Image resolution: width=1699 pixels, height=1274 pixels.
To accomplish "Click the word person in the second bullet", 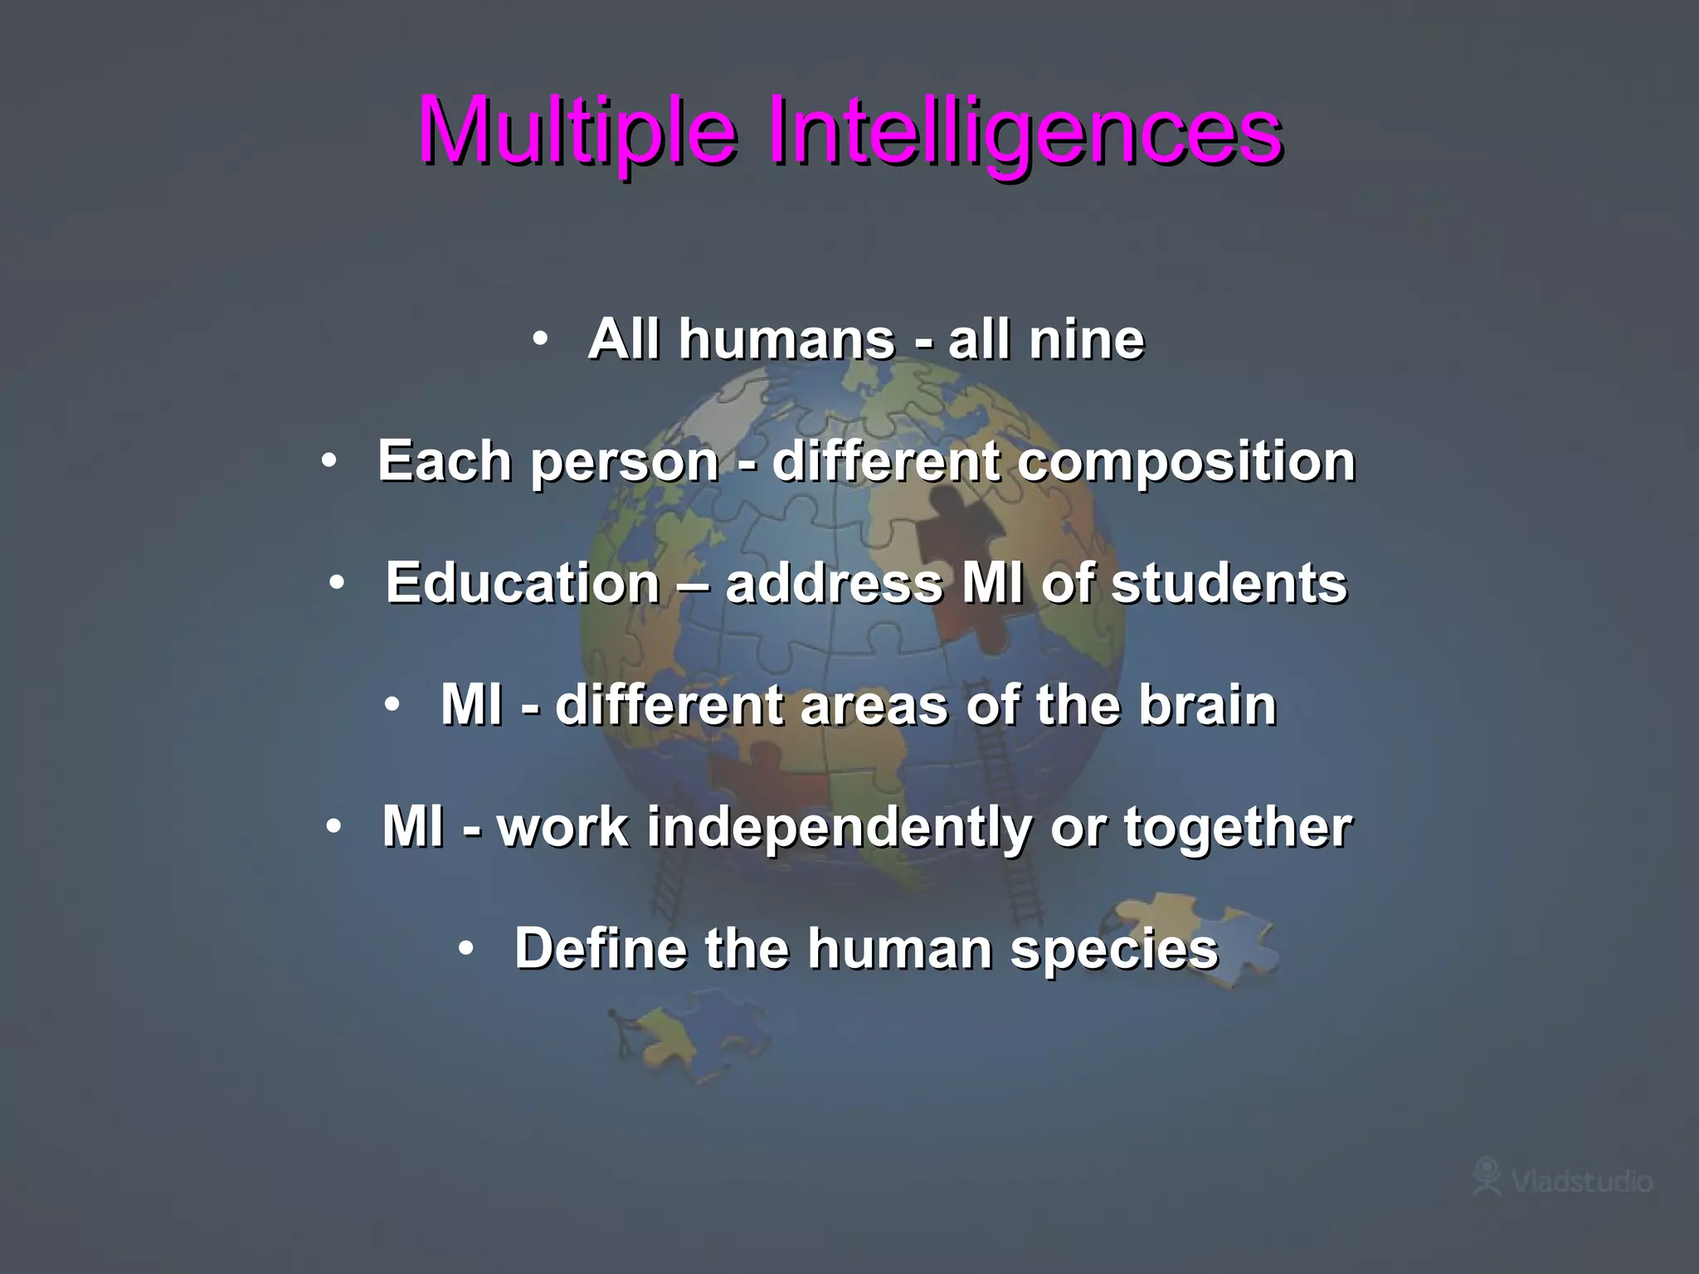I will point(624,461).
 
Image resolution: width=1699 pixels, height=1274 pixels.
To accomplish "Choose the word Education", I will point(523,583).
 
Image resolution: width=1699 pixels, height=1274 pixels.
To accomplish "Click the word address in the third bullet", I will point(834,583).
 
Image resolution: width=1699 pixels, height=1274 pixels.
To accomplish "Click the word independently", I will point(839,827).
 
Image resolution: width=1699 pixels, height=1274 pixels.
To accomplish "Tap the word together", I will point(1238,827).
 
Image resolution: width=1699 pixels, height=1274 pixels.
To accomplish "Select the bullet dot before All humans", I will point(541,339).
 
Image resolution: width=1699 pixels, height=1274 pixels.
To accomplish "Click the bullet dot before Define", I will point(467,948).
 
